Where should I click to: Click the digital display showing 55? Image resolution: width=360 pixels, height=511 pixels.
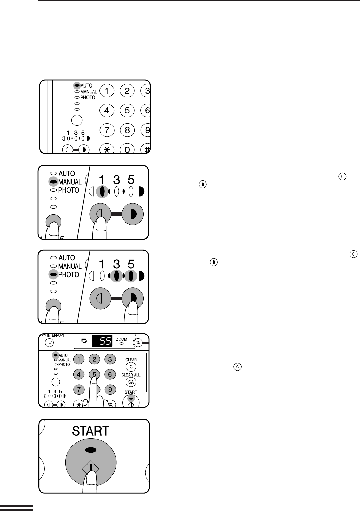(x=102, y=341)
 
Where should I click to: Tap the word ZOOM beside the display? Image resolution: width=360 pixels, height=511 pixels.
(x=122, y=339)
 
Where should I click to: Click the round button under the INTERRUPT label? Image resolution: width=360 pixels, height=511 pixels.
(x=50, y=342)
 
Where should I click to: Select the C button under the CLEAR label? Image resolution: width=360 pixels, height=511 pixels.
(x=131, y=367)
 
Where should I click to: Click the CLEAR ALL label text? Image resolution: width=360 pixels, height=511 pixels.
(x=131, y=375)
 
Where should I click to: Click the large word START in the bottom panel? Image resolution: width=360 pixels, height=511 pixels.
(x=91, y=431)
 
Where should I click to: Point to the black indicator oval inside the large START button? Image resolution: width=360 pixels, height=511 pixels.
(x=91, y=450)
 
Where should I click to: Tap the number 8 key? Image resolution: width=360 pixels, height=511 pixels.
(x=127, y=130)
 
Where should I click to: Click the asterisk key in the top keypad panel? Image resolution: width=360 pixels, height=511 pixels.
(x=107, y=150)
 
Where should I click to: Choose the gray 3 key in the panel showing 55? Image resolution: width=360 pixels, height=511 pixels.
(x=110, y=359)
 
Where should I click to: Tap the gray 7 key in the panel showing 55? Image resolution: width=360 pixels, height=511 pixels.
(x=79, y=389)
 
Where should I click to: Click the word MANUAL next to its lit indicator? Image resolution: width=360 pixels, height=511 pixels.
(x=70, y=182)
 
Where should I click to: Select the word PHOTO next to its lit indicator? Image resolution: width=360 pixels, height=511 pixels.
(x=68, y=274)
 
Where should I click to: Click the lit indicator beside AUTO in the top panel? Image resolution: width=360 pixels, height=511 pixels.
(x=77, y=85)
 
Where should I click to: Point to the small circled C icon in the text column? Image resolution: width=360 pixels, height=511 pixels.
(x=238, y=367)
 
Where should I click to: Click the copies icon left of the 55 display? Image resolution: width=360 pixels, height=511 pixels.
(x=84, y=341)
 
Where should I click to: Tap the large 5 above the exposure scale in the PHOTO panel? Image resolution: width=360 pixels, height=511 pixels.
(x=131, y=264)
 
